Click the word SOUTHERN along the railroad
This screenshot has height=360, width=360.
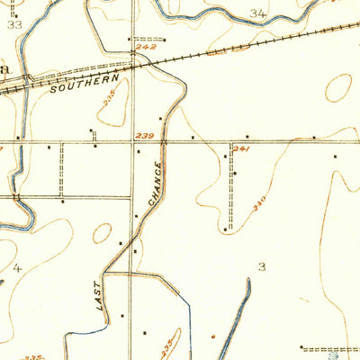pyautogui.click(x=72, y=87)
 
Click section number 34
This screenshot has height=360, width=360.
pyautogui.click(x=259, y=13)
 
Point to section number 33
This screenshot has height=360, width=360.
pyautogui.click(x=14, y=25)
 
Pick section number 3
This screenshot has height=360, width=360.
pyautogui.click(x=262, y=266)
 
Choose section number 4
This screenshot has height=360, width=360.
pyautogui.click(x=17, y=267)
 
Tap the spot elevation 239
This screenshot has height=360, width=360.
pyautogui.click(x=143, y=135)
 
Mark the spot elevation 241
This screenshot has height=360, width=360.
pyautogui.click(x=241, y=148)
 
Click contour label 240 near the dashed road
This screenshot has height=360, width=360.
pyautogui.click(x=260, y=207)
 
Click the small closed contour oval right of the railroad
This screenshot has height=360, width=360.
pyautogui.click(x=338, y=87)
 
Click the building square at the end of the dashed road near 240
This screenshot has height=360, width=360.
pyautogui.click(x=227, y=230)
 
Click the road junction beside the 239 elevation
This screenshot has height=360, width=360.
pyautogui.click(x=136, y=140)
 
